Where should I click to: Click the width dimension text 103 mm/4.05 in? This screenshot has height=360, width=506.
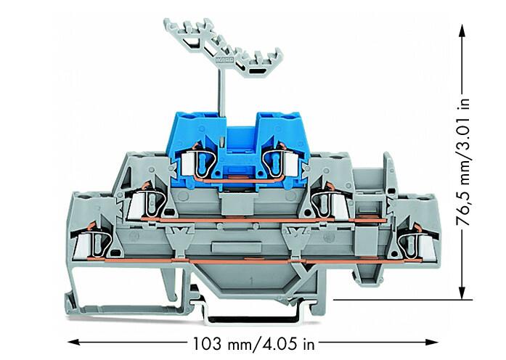click(253, 343)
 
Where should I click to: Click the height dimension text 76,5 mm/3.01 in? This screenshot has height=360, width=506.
click(463, 161)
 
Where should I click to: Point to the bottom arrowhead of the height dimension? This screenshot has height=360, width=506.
click(462, 292)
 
